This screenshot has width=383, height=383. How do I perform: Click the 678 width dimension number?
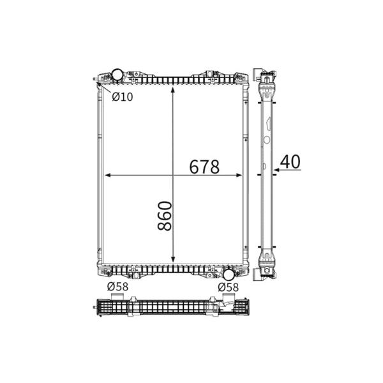pos(204,167)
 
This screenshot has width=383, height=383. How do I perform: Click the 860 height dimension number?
pos(165,216)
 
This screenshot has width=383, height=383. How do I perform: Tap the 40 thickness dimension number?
pos(290,161)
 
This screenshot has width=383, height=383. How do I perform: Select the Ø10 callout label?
pos(123,97)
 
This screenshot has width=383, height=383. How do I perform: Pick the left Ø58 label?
pos(117,287)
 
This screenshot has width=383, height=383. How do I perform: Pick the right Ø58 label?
pos(228,287)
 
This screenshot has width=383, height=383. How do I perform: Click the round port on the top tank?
pos(117,75)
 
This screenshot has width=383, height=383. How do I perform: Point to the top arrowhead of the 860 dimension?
pos(173,90)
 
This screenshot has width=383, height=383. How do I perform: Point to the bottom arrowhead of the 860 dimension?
pos(173,259)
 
